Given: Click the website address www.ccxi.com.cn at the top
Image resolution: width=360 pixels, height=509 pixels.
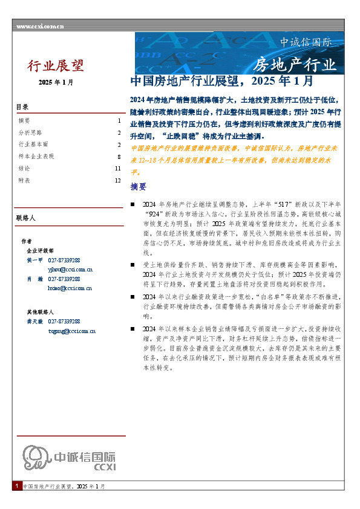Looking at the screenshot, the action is pos(40,27).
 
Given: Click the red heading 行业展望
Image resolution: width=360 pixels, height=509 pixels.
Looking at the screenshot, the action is pos(56,65).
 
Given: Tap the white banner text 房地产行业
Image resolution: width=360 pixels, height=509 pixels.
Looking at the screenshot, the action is pos(293,64).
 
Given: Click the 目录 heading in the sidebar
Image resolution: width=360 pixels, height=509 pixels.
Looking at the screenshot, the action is pos(22,107).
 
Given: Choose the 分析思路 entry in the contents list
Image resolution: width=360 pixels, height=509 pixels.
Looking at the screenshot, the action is pos(30,132).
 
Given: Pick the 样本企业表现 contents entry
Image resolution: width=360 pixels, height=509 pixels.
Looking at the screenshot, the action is pos(36,156).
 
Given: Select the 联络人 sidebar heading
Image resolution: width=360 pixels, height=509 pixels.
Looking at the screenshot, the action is pos(26,216).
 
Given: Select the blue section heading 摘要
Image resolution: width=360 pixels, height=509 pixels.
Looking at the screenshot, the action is pos(139,186).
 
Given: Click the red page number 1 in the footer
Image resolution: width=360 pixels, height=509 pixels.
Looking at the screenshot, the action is pos(16,486).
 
